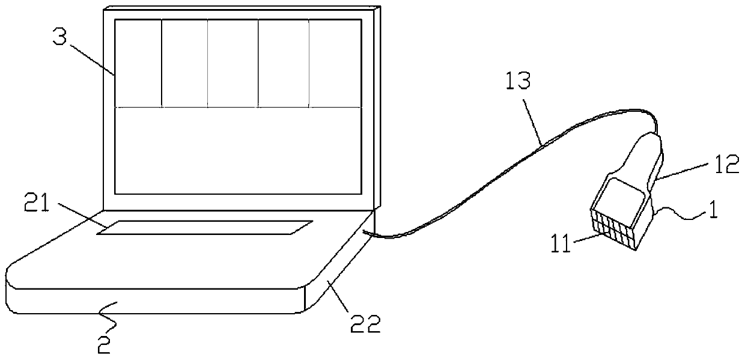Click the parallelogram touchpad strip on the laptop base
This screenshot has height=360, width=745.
(205, 227)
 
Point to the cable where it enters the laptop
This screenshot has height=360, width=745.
(367, 234)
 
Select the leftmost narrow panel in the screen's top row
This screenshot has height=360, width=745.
(138, 63)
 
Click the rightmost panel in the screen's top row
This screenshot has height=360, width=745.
(335, 63)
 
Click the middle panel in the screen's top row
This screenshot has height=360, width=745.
(233, 63)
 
